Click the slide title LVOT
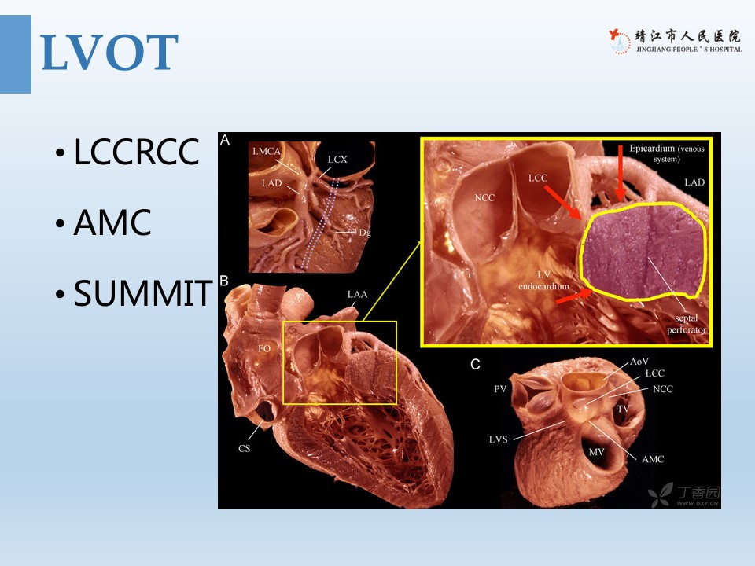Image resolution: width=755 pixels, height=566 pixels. [x=110, y=53]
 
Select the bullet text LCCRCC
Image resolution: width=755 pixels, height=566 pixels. [x=136, y=152]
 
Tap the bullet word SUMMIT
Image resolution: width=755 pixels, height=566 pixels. [x=142, y=293]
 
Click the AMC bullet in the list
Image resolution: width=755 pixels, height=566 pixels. [x=112, y=222]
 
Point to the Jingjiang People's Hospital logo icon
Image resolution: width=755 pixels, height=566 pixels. [x=619, y=42]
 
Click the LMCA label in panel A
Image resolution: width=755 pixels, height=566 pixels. [x=267, y=151]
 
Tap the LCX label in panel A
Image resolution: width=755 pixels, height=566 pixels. [x=337, y=160]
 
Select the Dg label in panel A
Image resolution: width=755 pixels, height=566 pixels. [x=365, y=233]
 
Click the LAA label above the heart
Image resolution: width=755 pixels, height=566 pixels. [x=357, y=294]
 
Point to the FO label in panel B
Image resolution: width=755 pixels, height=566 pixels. [x=264, y=348]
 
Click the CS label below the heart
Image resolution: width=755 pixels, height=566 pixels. [x=244, y=449]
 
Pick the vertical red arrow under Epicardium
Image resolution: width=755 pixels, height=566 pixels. [x=621, y=173]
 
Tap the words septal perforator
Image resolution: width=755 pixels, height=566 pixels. [x=686, y=324]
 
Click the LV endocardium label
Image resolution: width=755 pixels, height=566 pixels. [x=543, y=280]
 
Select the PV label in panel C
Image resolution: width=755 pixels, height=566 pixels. [x=500, y=389]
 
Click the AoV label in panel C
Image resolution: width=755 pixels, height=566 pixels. [x=639, y=362]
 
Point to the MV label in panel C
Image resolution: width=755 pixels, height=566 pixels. [x=597, y=452]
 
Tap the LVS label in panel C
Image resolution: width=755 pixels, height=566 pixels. [x=499, y=439]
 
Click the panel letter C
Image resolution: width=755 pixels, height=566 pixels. [x=475, y=364]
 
